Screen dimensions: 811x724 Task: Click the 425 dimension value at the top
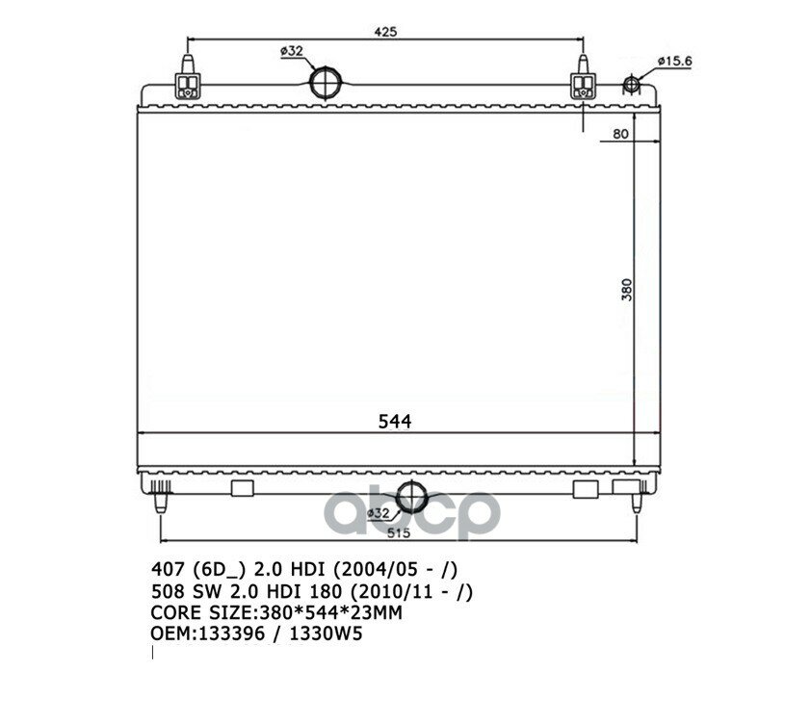point(385,32)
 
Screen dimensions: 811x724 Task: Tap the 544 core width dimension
point(395,422)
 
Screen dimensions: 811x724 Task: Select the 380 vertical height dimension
point(626,290)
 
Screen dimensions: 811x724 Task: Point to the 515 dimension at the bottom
point(398,532)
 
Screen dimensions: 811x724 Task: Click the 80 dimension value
point(620,134)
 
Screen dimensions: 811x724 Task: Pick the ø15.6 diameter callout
point(674,61)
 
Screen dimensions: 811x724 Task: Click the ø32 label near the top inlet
point(292,51)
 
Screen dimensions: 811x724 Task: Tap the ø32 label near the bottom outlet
point(378,513)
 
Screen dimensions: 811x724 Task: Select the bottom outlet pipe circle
point(411,497)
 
